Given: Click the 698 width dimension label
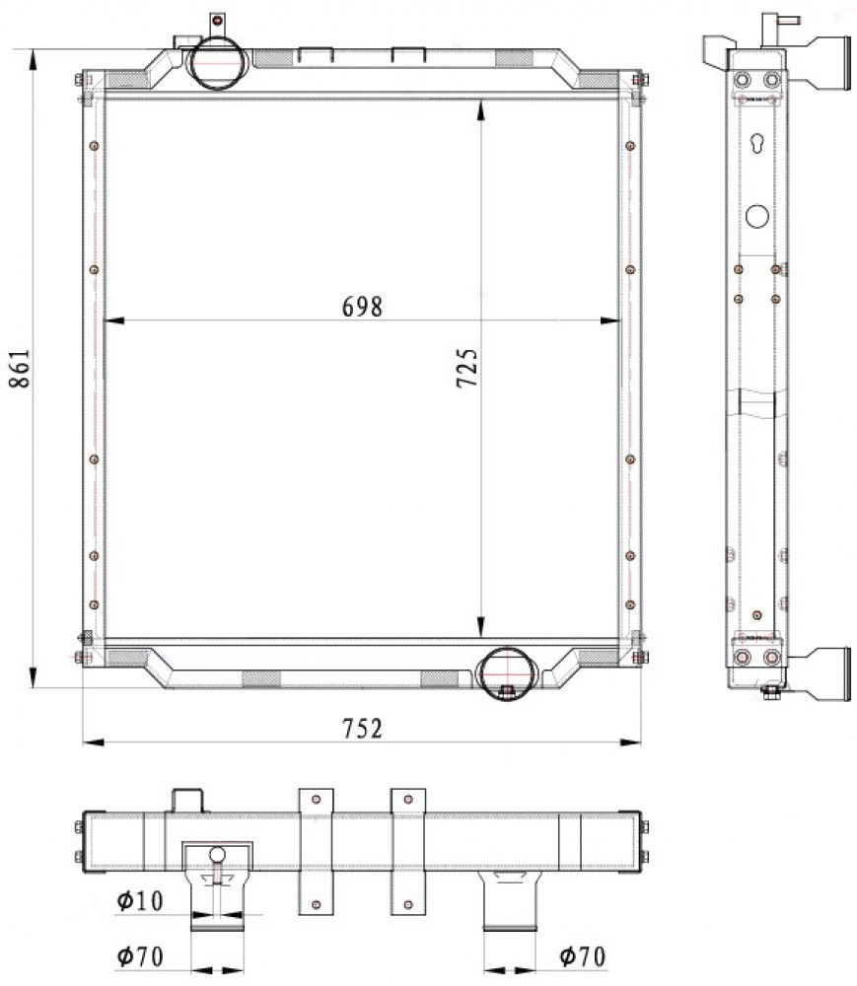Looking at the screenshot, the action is (362, 307).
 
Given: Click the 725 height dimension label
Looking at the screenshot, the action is (467, 368).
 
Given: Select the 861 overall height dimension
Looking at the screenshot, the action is (20, 369).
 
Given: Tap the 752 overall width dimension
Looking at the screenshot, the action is (362, 729).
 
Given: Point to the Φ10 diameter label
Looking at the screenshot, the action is (140, 900).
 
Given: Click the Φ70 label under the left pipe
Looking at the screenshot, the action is (140, 956).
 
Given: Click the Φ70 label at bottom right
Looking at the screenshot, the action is (582, 956).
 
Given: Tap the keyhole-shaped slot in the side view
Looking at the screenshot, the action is (757, 143).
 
